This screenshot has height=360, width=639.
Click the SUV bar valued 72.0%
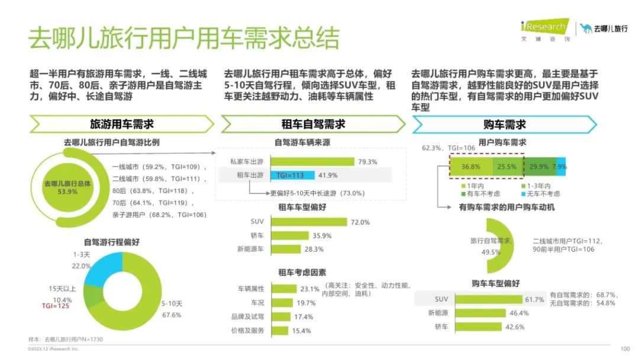coord(309,222)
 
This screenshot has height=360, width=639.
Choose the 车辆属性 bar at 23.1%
coord(283,289)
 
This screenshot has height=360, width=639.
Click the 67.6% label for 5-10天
coord(171,314)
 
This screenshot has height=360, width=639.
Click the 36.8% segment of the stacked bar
coord(471,166)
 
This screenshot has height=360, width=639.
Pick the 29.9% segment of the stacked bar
coord(538,166)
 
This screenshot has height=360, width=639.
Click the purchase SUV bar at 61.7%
coord(486,299)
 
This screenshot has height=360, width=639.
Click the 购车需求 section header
coord(504,124)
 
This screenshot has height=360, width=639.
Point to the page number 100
coord(625,349)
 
